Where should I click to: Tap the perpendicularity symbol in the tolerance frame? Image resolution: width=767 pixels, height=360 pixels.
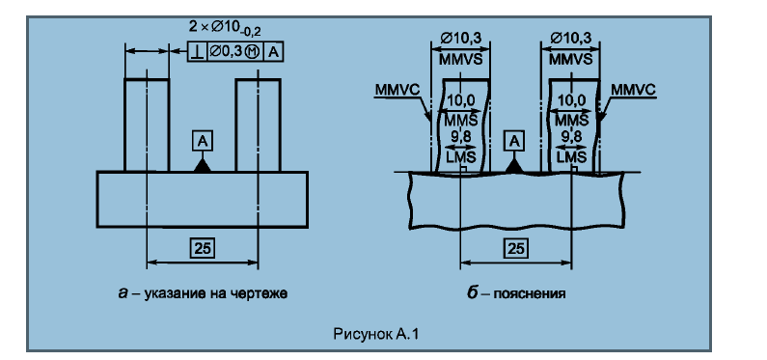pos(198,52)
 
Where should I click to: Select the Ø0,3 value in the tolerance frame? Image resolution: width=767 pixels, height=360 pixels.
pos(227,51)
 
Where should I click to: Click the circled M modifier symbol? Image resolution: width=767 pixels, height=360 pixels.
pos(253,52)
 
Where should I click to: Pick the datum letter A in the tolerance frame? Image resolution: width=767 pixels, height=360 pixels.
pos(273,52)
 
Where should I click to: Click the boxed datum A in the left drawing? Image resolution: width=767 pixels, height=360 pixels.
pos(203,141)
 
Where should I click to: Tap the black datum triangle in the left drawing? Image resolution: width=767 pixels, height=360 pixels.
pos(203,165)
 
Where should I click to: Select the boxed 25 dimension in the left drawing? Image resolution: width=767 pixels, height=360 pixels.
pos(203,248)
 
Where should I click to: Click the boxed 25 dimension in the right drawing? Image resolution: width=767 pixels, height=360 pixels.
pos(515,248)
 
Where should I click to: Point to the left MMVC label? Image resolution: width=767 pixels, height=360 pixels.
pos(396,90)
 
